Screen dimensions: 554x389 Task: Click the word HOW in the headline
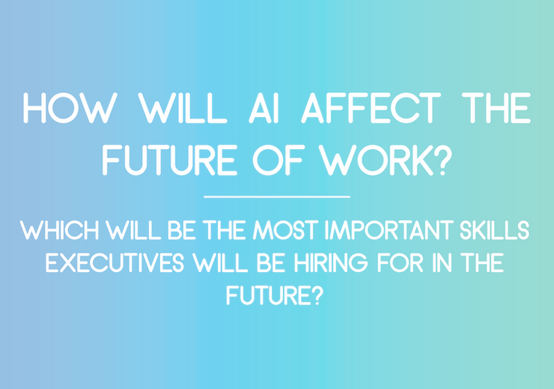pos(70,108)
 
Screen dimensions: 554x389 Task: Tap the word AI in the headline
pos(264,108)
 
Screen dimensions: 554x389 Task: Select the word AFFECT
pos(371,108)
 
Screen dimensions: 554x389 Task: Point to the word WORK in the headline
pos(376,160)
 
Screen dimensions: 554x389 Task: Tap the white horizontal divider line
pos(277,196)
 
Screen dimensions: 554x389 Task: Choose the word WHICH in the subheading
pos(59,230)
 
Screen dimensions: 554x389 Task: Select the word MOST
pos(285,230)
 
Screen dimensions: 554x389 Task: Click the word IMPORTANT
pos(390,230)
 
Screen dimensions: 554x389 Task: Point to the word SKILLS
pos(495,230)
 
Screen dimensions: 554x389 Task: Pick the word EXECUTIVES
pos(115,263)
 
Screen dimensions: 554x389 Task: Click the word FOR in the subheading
pos(400,263)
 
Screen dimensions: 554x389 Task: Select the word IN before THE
pos(442,263)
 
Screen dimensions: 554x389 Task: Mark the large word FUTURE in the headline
pos(170,160)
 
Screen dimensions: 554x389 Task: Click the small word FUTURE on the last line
pos(268,295)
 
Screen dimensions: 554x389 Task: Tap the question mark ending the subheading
pos(317,295)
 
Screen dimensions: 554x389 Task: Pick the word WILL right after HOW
pos(182,108)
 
